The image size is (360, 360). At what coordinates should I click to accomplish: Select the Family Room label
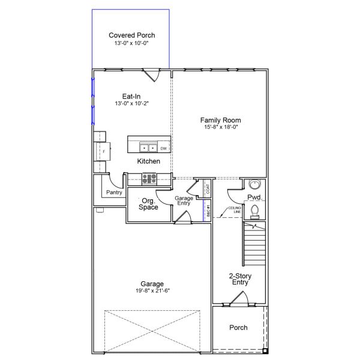[x=220, y=120]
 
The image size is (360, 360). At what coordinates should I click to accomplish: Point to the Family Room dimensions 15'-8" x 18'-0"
[x=220, y=127]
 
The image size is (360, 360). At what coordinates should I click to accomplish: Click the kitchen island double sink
[x=148, y=147]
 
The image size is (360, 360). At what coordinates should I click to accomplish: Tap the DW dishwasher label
[x=163, y=148]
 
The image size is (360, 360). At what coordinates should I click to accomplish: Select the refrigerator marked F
[x=103, y=152]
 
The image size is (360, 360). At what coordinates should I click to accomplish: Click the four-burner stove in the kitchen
[x=149, y=178]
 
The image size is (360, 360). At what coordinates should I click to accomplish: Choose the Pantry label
[x=114, y=193]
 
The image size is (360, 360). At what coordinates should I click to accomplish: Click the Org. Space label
[x=148, y=204]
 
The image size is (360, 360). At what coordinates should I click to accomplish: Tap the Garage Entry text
[x=183, y=200]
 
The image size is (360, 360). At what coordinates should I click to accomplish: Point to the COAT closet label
[x=208, y=189]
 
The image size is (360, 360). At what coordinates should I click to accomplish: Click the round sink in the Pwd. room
[x=254, y=184]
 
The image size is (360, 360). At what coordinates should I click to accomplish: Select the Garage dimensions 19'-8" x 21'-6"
[x=152, y=291]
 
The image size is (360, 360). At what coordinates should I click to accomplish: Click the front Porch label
[x=238, y=328]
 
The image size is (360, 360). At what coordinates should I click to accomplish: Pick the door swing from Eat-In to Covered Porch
[x=152, y=76]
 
